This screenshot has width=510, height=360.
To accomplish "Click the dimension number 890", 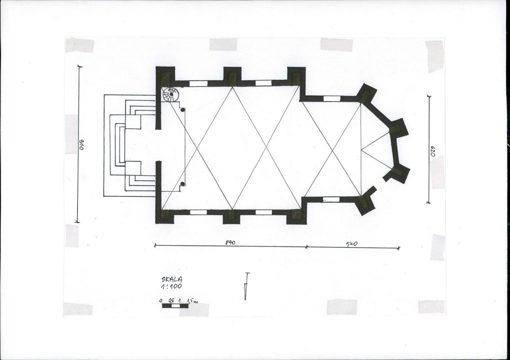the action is (230, 242).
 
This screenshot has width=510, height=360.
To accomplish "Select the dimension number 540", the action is (352, 244).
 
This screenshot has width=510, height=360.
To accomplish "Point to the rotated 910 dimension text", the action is (81, 145).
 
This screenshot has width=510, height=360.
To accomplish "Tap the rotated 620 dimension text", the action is (433, 151).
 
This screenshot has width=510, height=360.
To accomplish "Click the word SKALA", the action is (172, 279).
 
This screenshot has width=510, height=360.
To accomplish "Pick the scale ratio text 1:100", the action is (171, 286).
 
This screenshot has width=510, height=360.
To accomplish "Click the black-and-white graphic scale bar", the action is (175, 306).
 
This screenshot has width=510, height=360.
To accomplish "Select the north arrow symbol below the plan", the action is (246, 286).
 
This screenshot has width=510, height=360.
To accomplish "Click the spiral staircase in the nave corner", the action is (171, 94).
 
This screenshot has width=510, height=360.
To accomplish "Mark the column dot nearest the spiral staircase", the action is (182, 110).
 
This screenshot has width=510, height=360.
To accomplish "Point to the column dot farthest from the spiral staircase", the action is (182, 184).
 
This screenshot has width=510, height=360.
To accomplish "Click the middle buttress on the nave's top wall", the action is (232, 77).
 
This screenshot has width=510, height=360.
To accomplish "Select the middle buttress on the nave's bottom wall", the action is (231, 216).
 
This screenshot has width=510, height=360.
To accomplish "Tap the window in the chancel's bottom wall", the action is (331, 199).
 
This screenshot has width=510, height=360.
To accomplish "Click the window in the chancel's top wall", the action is (332, 99).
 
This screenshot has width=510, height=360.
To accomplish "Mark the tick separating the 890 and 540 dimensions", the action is (306, 247).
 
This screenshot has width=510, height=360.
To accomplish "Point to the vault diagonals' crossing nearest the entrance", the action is (197, 148).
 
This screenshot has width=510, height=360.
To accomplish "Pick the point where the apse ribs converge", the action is (361, 150).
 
